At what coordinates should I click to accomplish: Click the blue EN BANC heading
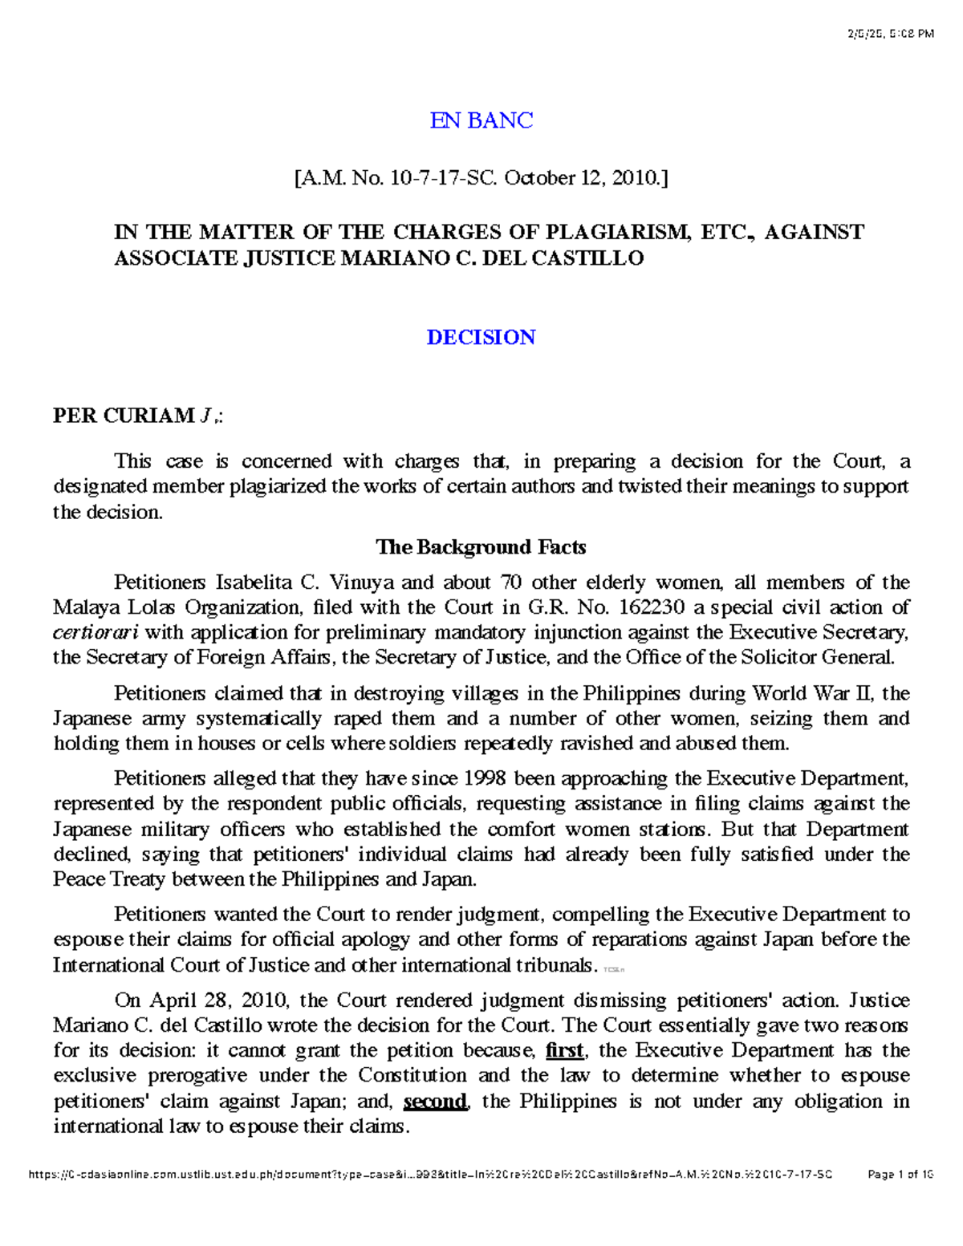481,120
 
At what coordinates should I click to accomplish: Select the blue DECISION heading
481,337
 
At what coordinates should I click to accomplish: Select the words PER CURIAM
123,416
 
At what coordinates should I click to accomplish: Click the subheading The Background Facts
481,547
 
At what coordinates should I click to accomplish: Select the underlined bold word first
564,1050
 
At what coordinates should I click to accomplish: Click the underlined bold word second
434,1101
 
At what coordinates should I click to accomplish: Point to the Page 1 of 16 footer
900,1175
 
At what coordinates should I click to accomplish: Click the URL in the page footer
430,1175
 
